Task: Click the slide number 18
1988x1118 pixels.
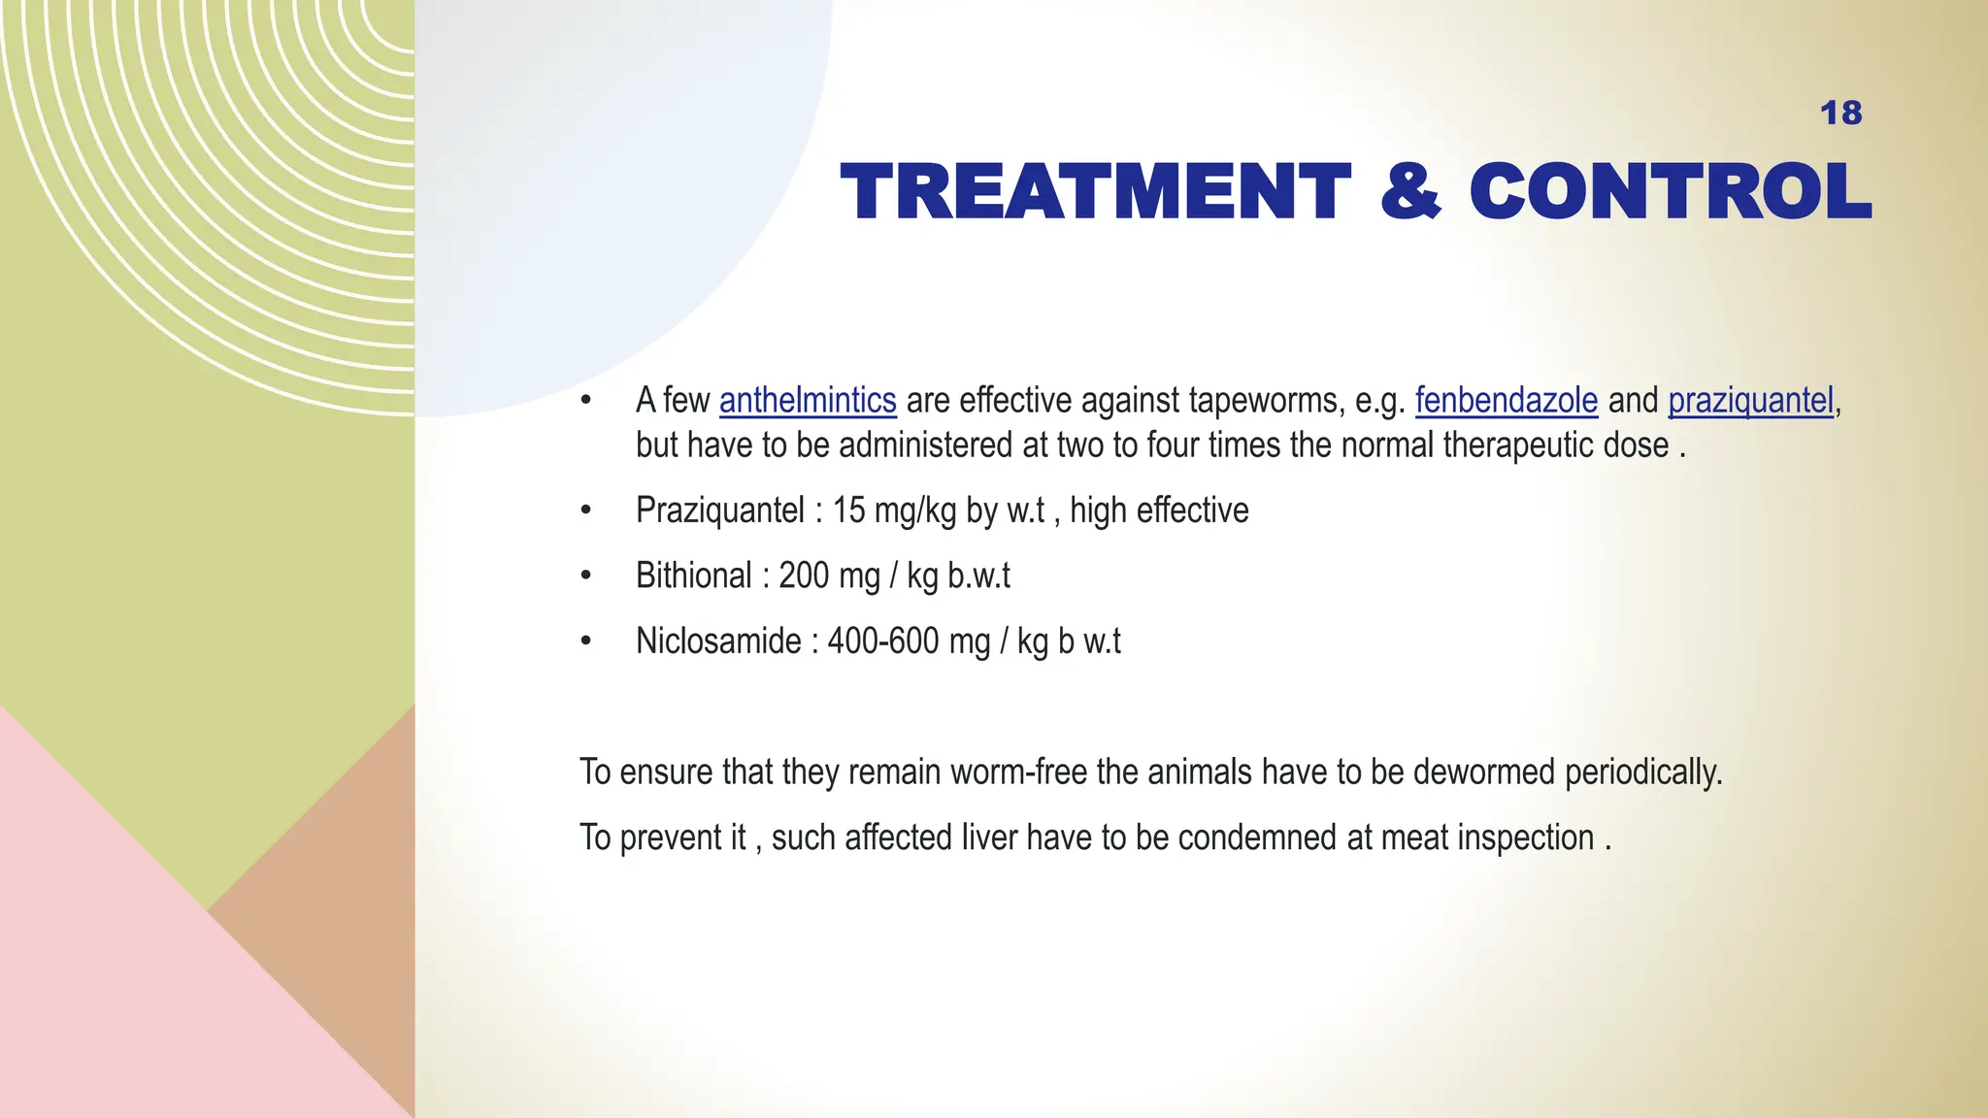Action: point(1840,114)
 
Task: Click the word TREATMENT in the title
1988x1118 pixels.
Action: point(1095,192)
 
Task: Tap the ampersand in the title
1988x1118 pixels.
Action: point(1410,192)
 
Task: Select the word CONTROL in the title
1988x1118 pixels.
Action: point(1670,192)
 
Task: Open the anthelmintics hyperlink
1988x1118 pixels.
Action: point(808,401)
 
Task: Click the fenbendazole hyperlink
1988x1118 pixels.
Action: point(1506,401)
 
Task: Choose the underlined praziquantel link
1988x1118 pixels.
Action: point(1750,401)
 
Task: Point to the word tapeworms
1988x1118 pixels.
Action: point(1266,401)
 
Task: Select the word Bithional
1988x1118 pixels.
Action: point(693,576)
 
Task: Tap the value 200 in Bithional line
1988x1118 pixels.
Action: point(803,576)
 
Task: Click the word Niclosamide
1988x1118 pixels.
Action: point(718,641)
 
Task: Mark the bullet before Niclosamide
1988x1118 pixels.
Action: point(585,641)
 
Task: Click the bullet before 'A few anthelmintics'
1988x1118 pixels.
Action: point(585,401)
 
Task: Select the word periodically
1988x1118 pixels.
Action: point(1642,773)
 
